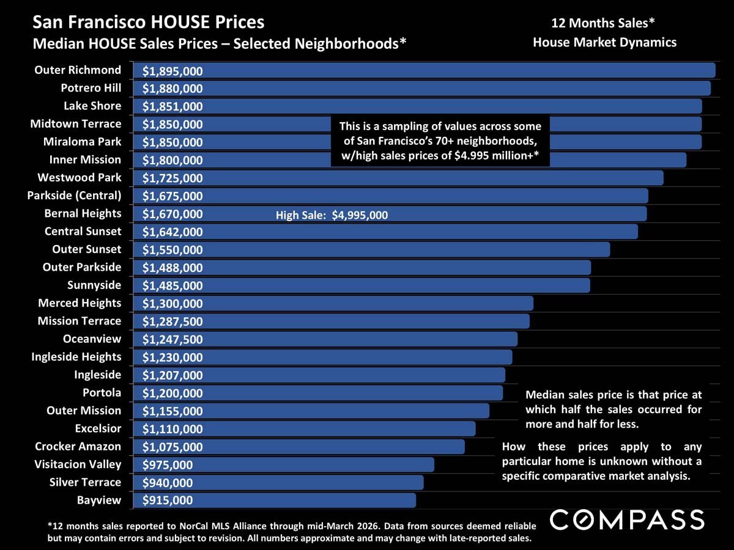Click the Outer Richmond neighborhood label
pos(78,70)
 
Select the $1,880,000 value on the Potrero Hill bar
pos(172,89)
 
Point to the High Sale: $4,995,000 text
pos(332,215)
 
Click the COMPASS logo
pos(627,520)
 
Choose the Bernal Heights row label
pos(83,214)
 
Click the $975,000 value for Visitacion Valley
pos(167,465)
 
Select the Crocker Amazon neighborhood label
pos(78,447)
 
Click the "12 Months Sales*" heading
pos(604,24)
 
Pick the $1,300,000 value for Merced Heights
pos(172,304)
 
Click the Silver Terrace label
pos(85,483)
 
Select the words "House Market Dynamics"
pos(604,43)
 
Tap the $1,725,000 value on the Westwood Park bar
pos(172,178)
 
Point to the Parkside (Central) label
pos(74,196)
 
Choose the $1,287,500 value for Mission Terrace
pos(172,321)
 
